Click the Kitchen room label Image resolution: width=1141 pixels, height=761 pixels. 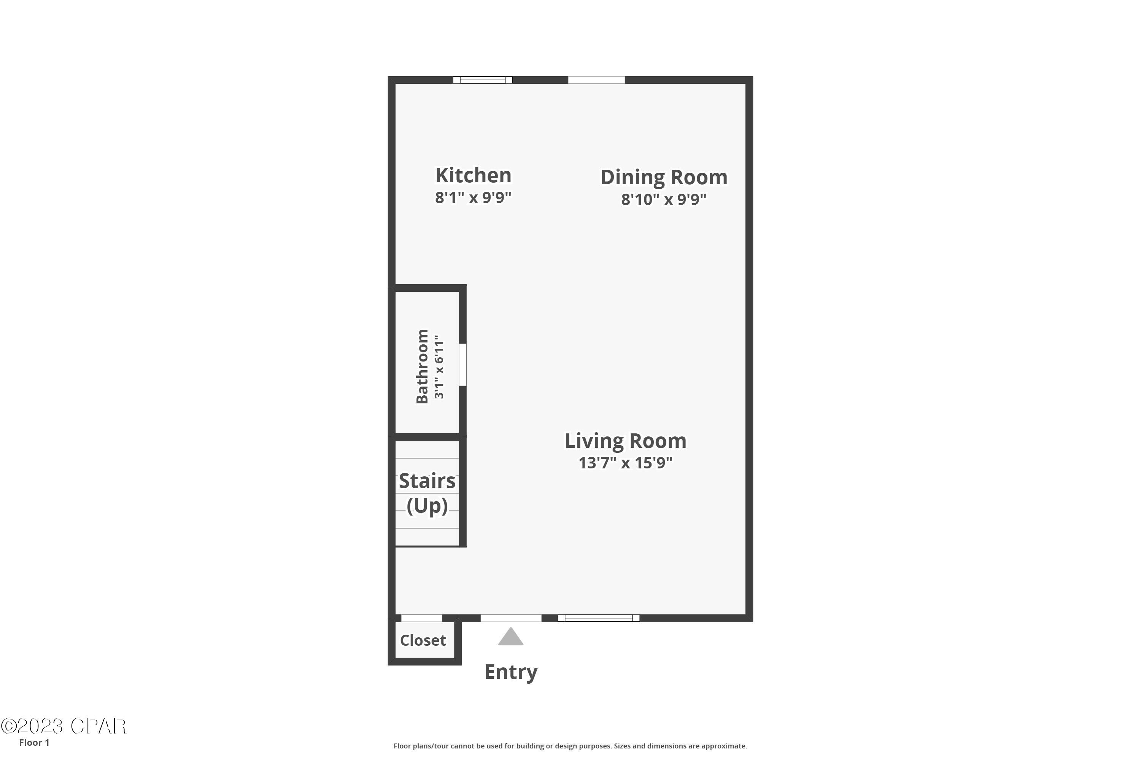click(473, 175)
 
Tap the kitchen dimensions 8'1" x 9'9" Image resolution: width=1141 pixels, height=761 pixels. click(473, 197)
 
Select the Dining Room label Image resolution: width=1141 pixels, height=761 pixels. click(664, 177)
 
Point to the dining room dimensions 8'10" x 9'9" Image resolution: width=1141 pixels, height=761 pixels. click(664, 199)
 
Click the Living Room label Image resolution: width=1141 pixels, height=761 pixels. click(625, 441)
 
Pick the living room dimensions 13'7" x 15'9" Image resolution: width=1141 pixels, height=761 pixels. click(625, 463)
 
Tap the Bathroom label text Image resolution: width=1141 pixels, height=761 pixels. click(422, 366)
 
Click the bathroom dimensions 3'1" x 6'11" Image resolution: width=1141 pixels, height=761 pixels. click(439, 366)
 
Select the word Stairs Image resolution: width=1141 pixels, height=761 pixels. click(427, 481)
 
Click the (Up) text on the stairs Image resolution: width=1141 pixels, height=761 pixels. click(427, 506)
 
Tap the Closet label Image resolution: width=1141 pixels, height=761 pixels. click(423, 640)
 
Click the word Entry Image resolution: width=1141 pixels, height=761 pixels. click(511, 672)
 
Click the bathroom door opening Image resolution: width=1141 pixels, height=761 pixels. click(463, 365)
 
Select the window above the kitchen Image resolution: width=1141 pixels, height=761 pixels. click(483, 80)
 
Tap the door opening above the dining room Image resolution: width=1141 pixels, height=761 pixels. click(596, 80)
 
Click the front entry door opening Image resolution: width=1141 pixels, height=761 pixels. click(511, 618)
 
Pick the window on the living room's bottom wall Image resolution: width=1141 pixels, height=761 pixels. click(599, 618)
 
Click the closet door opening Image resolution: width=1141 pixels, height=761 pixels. click(421, 618)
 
